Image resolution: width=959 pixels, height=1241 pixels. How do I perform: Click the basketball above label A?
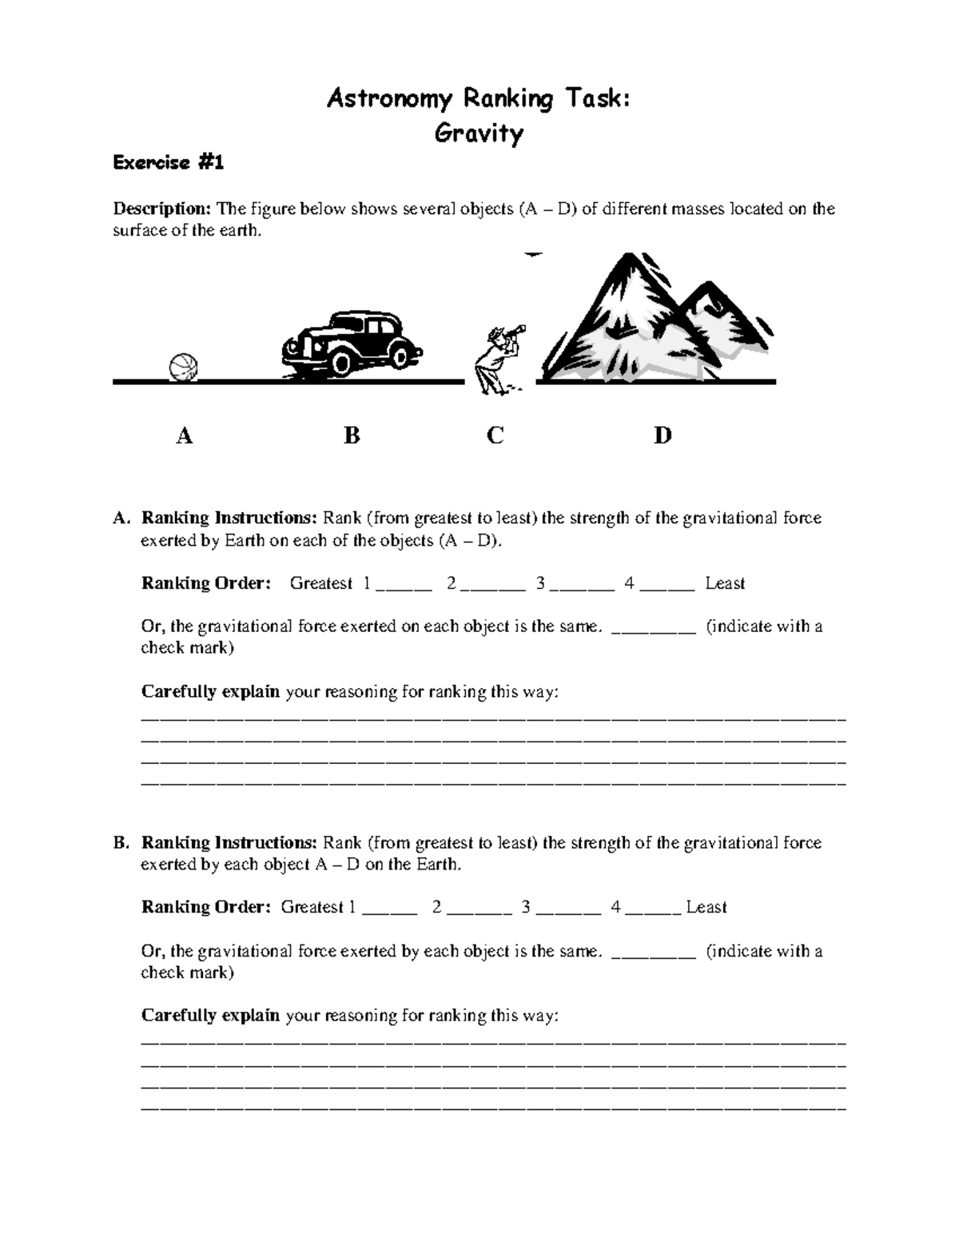pyautogui.click(x=183, y=368)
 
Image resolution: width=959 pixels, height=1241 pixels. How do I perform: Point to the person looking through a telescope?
pyautogui.click(x=495, y=360)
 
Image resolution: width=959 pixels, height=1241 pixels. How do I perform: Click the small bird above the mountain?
pyautogui.click(x=533, y=255)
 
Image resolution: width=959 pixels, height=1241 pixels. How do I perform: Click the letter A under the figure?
pyautogui.click(x=185, y=436)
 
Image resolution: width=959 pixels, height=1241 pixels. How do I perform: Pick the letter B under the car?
pyautogui.click(x=352, y=436)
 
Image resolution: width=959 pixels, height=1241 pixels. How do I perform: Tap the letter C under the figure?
pyautogui.click(x=495, y=436)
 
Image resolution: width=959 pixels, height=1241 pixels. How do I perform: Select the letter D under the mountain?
pyautogui.click(x=663, y=436)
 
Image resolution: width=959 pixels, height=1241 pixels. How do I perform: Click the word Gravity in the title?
pyautogui.click(x=479, y=133)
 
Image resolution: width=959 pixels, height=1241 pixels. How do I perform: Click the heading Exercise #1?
pyautogui.click(x=169, y=163)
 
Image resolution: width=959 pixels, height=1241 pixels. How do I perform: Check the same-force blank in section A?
pyautogui.click(x=654, y=629)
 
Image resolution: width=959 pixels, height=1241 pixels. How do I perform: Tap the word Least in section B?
pyautogui.click(x=706, y=907)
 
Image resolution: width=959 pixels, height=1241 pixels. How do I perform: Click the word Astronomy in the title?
pyautogui.click(x=381, y=99)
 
